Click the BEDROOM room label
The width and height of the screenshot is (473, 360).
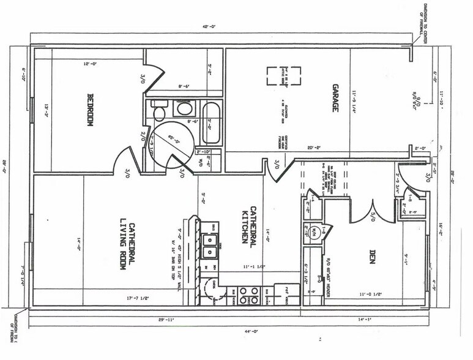pyautogui.click(x=89, y=110)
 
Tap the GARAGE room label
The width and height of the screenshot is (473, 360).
pyautogui.click(x=335, y=98)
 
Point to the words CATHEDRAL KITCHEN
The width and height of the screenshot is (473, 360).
pyautogui.click(x=247, y=223)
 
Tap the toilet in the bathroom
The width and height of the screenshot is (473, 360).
pyautogui.click(x=159, y=113)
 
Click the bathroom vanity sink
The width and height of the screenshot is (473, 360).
pyautogui.click(x=183, y=110)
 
